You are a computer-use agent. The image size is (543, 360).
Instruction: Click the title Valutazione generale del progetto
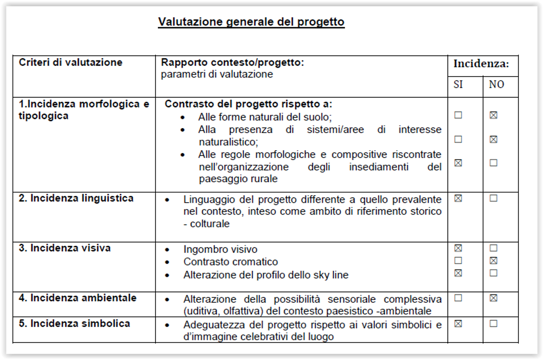click(x=251, y=22)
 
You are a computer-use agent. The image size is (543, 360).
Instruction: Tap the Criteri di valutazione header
click(x=71, y=63)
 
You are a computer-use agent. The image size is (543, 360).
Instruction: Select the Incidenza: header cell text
click(x=481, y=64)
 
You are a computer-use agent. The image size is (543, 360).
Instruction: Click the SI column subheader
click(x=458, y=85)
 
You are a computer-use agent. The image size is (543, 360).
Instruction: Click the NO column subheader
click(x=496, y=85)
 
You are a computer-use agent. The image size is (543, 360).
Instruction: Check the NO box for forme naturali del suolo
click(x=493, y=115)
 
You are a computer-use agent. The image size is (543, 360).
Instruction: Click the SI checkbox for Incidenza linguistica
click(x=459, y=198)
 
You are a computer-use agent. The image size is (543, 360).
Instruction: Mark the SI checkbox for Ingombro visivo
click(x=459, y=248)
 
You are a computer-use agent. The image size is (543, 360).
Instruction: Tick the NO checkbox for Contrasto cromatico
click(x=493, y=261)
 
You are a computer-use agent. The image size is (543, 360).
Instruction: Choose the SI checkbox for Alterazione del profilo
click(x=459, y=273)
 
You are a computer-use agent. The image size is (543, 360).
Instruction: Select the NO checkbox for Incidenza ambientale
click(x=493, y=298)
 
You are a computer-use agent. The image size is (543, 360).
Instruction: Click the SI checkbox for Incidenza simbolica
click(x=459, y=324)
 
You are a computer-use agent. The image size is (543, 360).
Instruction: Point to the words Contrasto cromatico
click(x=231, y=262)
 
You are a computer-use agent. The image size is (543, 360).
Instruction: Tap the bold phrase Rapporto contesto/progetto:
click(x=233, y=63)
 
